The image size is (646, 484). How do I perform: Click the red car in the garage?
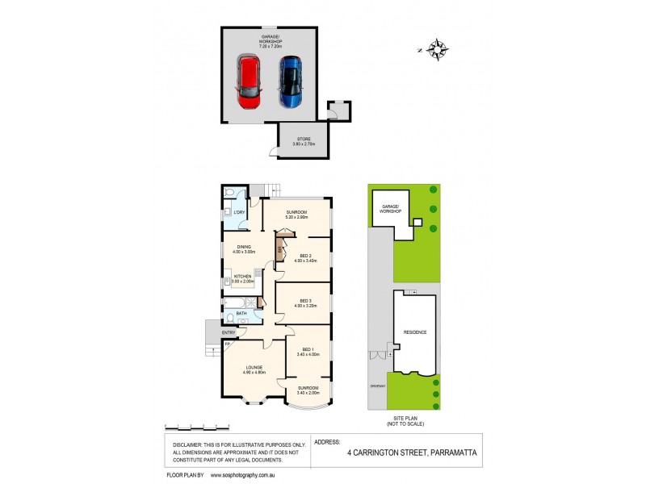pos(250,82)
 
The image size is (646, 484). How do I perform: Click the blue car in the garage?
pos(290,81)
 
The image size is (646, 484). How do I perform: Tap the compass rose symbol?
pos(438,50)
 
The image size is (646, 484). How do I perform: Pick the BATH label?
pos(241,313)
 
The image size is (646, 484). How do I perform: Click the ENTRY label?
pos(229,332)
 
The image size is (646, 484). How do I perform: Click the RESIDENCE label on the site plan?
pos(415,332)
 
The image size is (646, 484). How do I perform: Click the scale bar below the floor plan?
pos(195,427)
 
